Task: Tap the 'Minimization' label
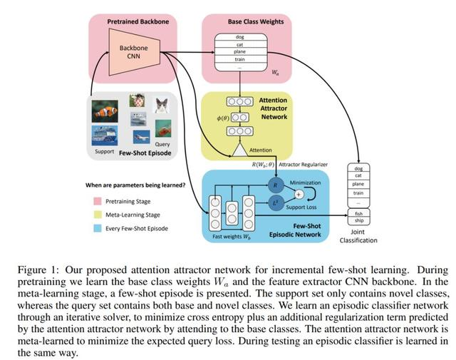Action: pyautogui.click(x=305, y=182)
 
